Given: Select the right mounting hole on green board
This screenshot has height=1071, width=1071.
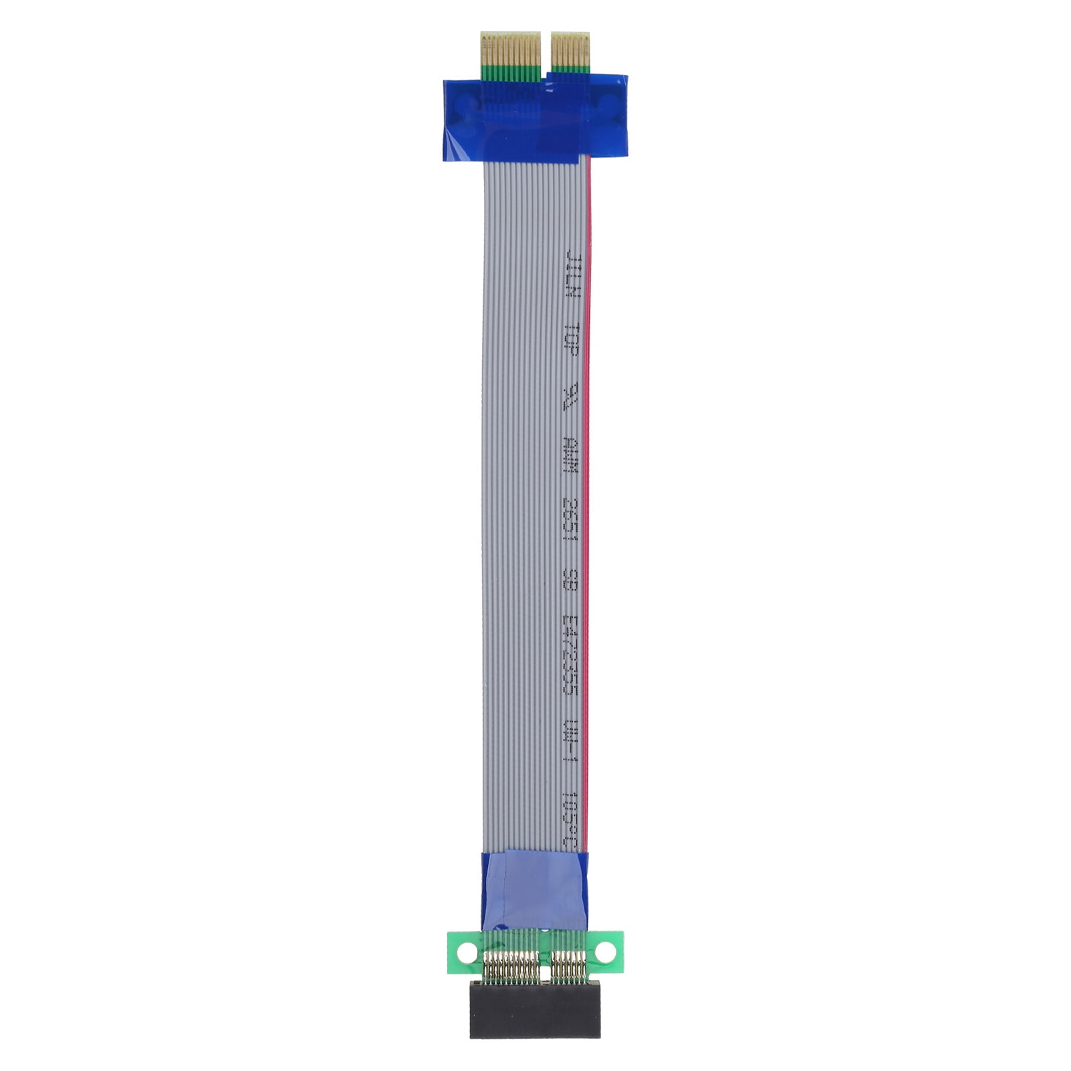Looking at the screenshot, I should coord(606,950).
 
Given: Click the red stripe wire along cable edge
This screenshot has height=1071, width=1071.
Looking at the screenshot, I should coord(588,469).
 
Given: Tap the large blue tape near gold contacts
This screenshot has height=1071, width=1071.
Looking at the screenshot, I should coord(535,117).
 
